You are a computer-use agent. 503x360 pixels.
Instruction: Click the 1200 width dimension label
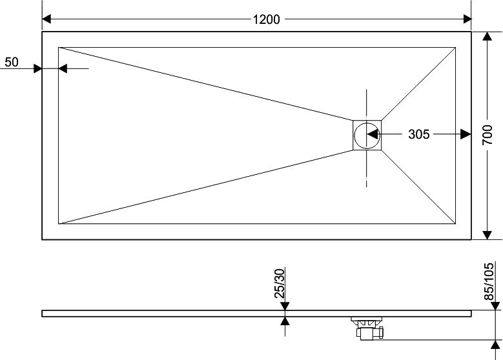coord(266,19)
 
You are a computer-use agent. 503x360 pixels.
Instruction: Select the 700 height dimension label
coord(488,135)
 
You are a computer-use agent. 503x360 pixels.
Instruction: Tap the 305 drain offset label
coord(419,134)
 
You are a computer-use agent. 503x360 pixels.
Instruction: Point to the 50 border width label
coord(11,62)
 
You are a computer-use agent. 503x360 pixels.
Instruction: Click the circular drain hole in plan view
coord(367,134)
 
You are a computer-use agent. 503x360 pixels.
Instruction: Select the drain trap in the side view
coord(367,328)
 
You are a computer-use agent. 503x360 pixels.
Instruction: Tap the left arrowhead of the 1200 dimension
coord(47,19)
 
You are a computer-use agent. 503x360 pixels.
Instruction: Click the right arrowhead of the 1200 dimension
coord(466,19)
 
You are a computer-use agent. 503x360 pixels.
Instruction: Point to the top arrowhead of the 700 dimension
coord(488,37)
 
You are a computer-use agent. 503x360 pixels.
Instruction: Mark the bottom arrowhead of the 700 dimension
coord(488,234)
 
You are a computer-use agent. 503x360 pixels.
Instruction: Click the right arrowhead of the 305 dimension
coord(465,134)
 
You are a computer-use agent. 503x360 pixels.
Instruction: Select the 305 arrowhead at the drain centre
coord(372,134)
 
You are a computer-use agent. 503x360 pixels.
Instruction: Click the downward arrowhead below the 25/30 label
coord(284,306)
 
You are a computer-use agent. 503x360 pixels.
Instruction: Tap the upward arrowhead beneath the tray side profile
coord(284,321)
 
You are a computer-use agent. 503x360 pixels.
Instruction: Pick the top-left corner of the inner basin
coord(59,46)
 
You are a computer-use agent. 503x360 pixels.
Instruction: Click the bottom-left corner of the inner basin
coord(59,224)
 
